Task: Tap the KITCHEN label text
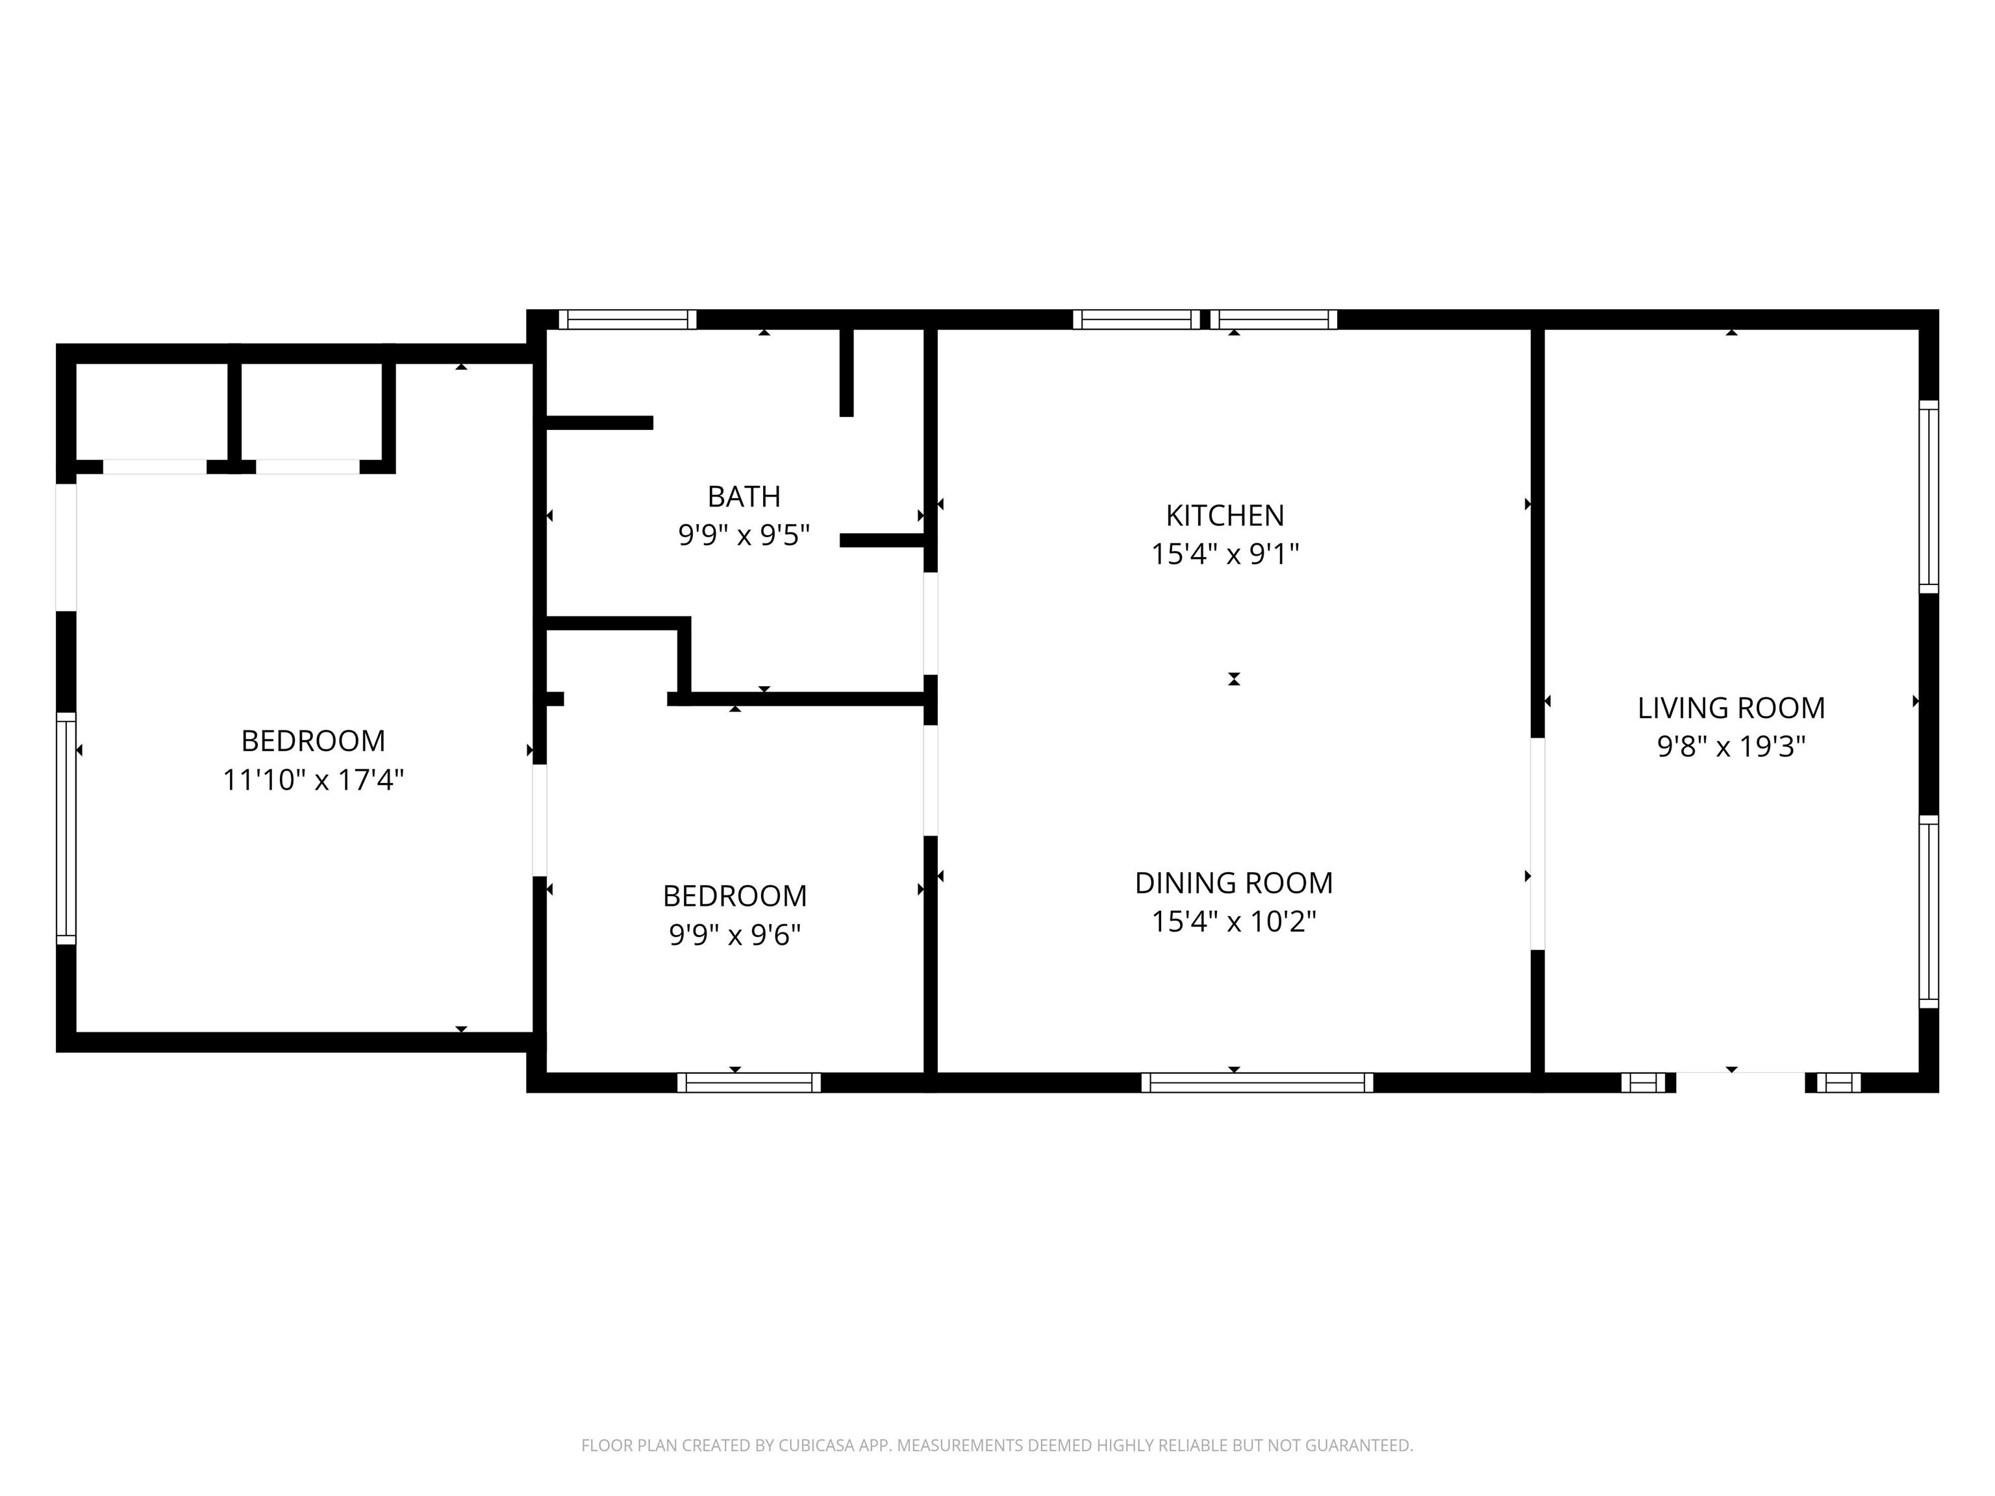point(1225,516)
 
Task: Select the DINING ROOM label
point(1234,883)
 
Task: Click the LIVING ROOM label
point(1731,708)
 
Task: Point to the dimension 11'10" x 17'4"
point(313,779)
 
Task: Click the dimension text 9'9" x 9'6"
point(735,934)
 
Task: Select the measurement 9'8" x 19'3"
point(1731,747)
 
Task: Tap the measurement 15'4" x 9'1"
point(1225,554)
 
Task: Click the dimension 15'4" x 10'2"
point(1234,921)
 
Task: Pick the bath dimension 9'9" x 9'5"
point(744,536)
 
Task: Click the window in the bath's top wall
point(628,319)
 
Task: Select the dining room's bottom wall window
point(1257,1082)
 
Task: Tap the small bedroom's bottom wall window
point(749,1082)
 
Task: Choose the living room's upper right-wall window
point(1928,496)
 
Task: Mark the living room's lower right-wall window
point(1928,912)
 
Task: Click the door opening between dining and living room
point(1538,844)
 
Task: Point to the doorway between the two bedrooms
point(539,821)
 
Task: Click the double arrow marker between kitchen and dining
point(1234,679)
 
